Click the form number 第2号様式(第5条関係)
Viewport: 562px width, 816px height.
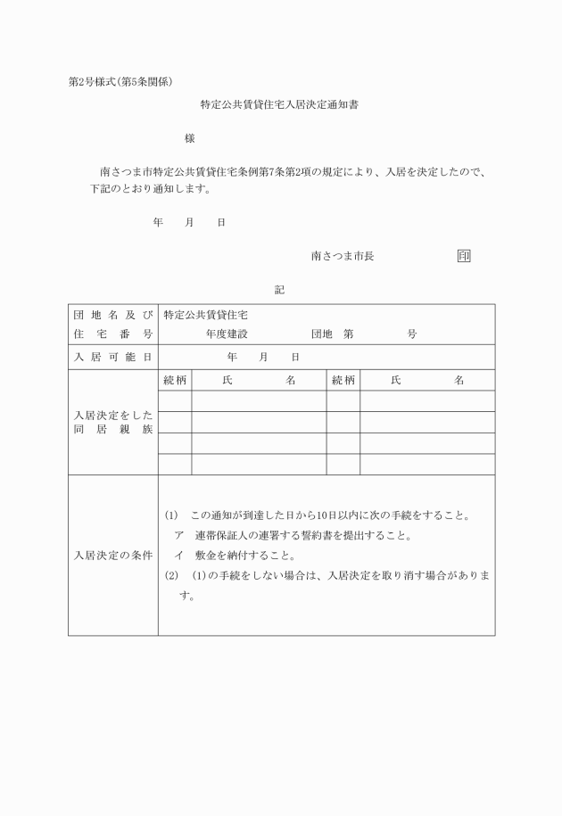coord(120,82)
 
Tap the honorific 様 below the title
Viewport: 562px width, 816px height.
coord(189,138)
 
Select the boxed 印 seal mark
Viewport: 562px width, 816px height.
coord(464,256)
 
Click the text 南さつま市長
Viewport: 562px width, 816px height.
coord(343,256)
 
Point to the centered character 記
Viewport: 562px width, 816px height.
coord(279,290)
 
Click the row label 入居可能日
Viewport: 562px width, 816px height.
coord(112,357)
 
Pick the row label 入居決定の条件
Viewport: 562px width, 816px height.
coord(112,555)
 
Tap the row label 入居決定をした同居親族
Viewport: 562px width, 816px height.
coord(112,423)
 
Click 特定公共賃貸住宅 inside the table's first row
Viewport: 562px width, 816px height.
coord(205,316)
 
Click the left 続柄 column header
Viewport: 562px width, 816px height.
coord(175,380)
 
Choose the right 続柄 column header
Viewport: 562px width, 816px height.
coord(343,380)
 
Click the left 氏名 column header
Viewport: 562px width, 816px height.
coord(259,380)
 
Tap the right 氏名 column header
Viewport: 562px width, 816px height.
coord(427,380)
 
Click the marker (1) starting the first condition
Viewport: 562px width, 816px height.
coord(172,515)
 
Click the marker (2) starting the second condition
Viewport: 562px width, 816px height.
coord(172,575)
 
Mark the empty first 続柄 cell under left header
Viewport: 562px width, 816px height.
coord(175,401)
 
